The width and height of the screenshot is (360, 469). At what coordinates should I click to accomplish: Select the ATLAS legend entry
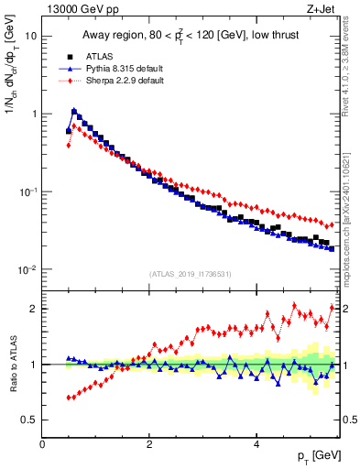[x=102, y=57]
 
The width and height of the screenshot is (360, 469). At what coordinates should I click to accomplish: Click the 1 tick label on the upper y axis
[x=34, y=115]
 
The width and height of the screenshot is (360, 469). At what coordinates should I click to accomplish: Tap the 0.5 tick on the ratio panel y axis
[x=29, y=420]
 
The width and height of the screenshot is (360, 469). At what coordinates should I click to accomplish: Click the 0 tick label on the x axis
[x=42, y=444]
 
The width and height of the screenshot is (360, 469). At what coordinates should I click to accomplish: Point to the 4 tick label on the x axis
[x=256, y=444]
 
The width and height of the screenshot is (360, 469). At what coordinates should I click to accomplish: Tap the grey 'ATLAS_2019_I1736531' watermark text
[x=191, y=274]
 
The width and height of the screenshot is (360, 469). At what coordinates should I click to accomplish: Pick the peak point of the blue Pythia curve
[x=74, y=112]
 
